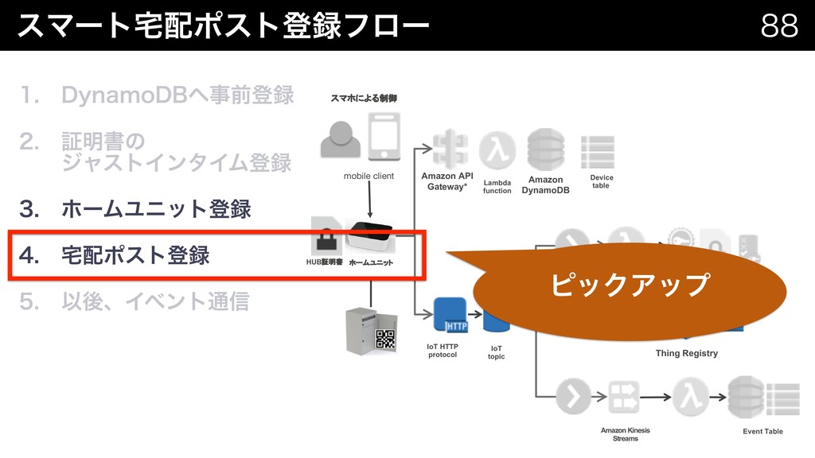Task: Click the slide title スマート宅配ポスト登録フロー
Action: pyautogui.click(x=223, y=25)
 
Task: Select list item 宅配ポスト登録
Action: pyautogui.click(x=135, y=256)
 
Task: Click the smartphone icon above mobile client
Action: pyautogui.click(x=384, y=138)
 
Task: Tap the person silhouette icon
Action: pyautogui.click(x=340, y=140)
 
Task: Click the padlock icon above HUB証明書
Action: pyautogui.click(x=327, y=238)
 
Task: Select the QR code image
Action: pyautogui.click(x=385, y=340)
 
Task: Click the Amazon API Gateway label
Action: pyautogui.click(x=447, y=181)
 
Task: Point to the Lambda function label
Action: pyautogui.click(x=497, y=187)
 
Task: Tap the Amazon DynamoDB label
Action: pyautogui.click(x=546, y=185)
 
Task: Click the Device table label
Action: pyautogui.click(x=601, y=181)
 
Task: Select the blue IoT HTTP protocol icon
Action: pyautogui.click(x=449, y=316)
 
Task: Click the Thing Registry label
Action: pyautogui.click(x=686, y=353)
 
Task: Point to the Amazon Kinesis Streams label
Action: pyautogui.click(x=625, y=434)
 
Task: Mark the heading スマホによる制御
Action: pyautogui.click(x=363, y=98)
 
